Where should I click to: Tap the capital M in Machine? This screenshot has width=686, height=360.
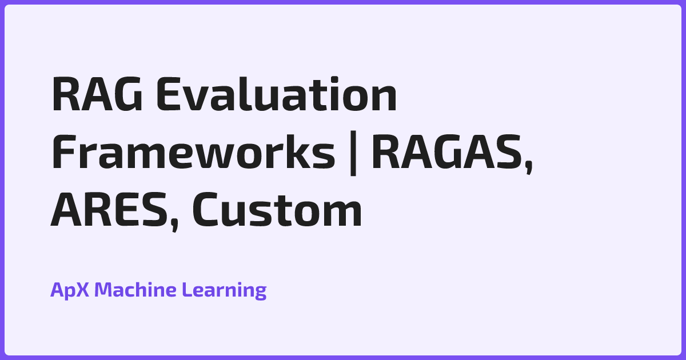(x=103, y=290)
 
